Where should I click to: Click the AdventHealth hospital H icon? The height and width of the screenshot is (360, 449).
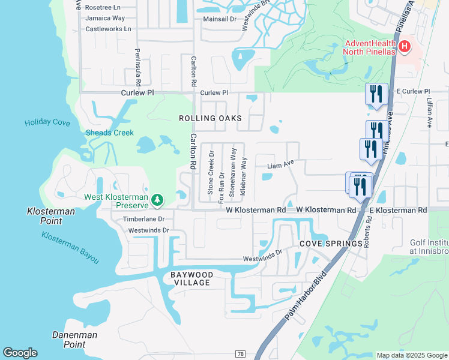405,46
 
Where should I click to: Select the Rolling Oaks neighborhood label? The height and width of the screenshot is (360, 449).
210,118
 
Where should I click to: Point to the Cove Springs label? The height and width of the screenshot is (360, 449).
331,243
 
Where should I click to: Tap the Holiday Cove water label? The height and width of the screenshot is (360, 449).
47,123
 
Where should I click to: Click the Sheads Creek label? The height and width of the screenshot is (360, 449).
109,133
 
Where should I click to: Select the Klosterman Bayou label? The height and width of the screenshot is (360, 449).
70,246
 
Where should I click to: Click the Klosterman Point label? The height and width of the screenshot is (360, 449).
51,216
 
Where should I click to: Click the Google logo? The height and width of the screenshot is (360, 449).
20,353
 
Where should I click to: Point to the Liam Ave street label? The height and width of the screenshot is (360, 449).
280,163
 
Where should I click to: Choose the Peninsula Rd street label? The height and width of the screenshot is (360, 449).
138,67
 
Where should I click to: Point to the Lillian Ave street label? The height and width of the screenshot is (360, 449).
430,113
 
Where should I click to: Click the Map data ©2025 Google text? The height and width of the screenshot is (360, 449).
412,355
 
